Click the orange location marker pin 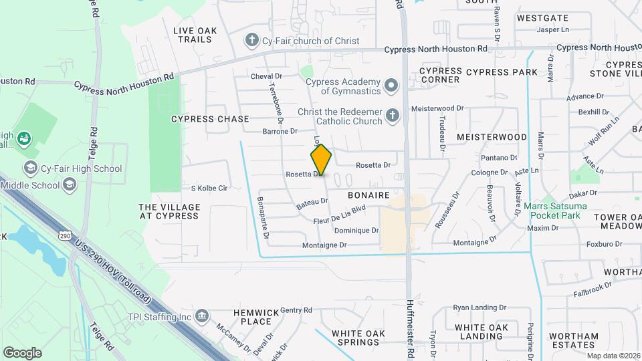coord(321,160)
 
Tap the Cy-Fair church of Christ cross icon coord(252,41)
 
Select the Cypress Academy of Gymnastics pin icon coord(391,86)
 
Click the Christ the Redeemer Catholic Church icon coord(392,116)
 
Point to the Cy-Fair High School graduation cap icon coord(29,168)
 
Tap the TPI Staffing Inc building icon coord(202,316)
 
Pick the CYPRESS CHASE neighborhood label coord(210,119)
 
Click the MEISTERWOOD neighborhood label coord(492,136)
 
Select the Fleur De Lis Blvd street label coord(340,214)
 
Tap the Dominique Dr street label coord(356,231)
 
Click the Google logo coord(22,353)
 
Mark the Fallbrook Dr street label coord(593,289)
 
